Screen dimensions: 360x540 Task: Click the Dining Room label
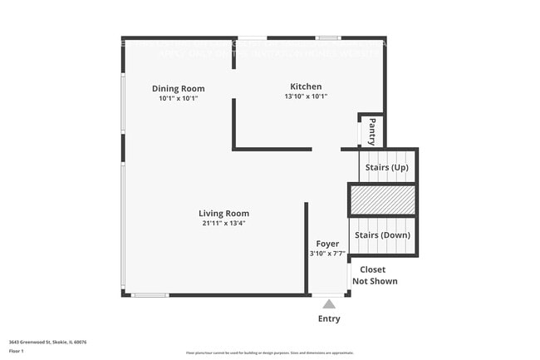(x=178, y=89)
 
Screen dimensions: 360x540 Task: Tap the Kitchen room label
(x=306, y=86)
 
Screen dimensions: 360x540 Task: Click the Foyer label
(x=327, y=244)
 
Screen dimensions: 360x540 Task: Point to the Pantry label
(x=371, y=131)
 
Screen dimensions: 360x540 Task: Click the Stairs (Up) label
(x=387, y=168)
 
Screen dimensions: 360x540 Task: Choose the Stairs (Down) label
(x=383, y=235)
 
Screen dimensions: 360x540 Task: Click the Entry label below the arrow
(x=329, y=318)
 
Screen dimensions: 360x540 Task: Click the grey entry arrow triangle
(x=329, y=304)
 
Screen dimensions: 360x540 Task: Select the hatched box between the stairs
(x=382, y=201)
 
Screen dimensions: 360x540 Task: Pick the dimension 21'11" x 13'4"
(x=223, y=223)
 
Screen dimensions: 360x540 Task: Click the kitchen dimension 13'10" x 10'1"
(x=306, y=96)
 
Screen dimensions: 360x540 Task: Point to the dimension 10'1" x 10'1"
(x=178, y=98)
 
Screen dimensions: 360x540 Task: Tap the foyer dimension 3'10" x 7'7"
(x=327, y=254)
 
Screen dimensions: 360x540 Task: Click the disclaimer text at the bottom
(x=269, y=353)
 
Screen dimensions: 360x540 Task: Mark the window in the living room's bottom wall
(x=150, y=295)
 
